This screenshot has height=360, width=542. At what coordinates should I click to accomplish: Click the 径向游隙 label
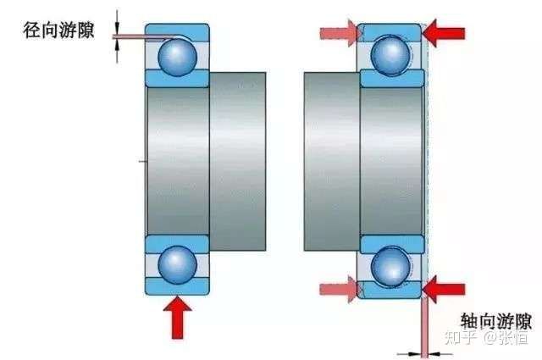tap(58, 30)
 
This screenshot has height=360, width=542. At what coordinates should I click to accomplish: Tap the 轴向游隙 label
tap(495, 321)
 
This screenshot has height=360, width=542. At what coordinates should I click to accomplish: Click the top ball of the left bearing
tap(177, 57)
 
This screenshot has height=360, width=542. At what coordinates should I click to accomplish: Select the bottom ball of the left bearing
tap(177, 265)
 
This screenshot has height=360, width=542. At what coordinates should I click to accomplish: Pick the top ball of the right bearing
tap(391, 55)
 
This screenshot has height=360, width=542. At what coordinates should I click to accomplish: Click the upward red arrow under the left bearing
tap(177, 318)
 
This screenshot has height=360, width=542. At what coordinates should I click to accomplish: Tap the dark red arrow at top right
tap(444, 34)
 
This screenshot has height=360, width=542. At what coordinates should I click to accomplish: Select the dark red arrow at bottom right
tap(444, 289)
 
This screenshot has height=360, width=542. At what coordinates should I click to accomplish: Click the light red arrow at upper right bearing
tap(339, 34)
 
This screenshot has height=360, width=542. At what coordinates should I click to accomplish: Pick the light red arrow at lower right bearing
tap(339, 289)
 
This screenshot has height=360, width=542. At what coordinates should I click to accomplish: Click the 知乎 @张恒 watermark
tap(487, 337)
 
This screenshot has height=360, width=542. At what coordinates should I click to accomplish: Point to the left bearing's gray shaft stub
tap(238, 162)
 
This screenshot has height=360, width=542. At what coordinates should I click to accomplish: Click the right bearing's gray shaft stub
tap(332, 162)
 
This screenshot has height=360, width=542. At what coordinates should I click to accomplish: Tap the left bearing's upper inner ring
tap(177, 78)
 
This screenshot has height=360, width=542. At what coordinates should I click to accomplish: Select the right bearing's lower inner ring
tap(392, 244)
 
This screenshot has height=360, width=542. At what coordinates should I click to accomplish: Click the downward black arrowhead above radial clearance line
tap(117, 28)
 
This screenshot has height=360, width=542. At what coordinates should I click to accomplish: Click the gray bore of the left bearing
tap(178, 161)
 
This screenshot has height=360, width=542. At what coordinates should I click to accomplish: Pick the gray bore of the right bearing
tap(391, 161)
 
